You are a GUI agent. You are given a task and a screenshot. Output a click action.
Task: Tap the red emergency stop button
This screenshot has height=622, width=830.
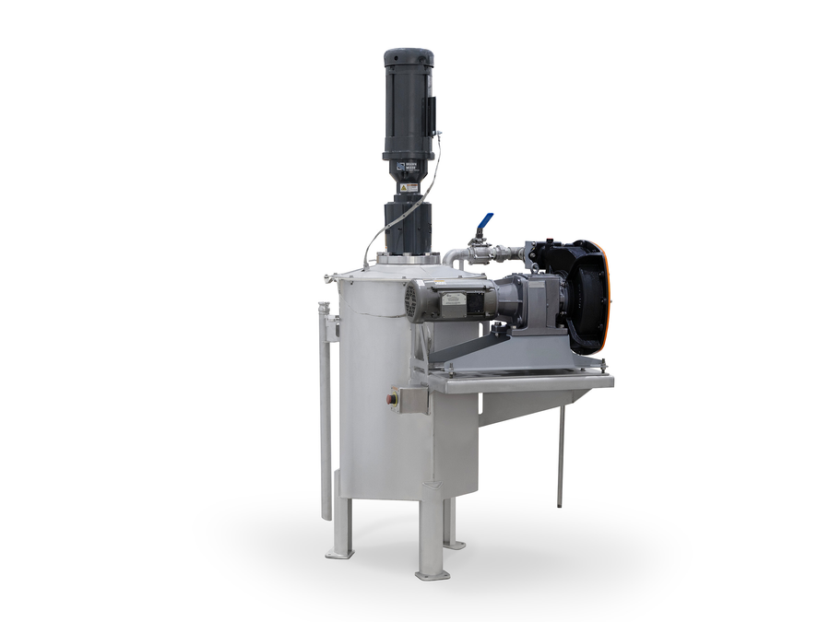(392, 400)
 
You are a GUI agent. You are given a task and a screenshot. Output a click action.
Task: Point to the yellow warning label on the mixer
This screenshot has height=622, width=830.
(409, 187)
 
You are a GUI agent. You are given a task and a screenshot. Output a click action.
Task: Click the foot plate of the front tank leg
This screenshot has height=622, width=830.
(432, 574)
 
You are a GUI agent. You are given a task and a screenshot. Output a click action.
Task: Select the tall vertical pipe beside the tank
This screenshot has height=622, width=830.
(325, 415)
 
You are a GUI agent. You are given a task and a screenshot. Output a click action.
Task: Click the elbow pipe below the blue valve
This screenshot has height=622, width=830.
(451, 257)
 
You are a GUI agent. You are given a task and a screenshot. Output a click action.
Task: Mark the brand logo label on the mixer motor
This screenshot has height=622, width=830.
(406, 169)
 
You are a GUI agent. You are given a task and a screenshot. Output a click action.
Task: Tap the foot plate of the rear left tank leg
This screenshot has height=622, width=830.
(338, 554)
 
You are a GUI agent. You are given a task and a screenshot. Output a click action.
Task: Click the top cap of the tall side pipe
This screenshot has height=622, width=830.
(324, 307)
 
